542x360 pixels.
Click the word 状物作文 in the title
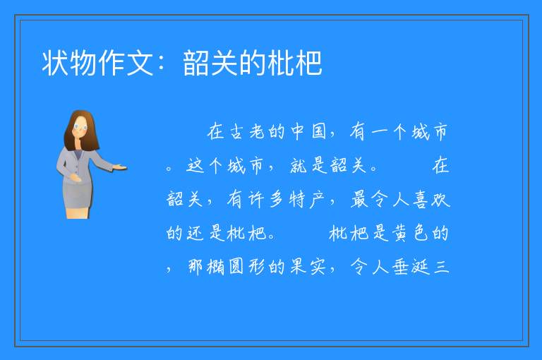(x=98, y=63)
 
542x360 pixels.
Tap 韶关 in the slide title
(x=210, y=63)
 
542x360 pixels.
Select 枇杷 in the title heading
(x=295, y=63)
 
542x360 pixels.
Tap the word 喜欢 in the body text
(x=431, y=199)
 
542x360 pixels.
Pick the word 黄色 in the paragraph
(x=411, y=233)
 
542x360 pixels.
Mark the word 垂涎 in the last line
(x=411, y=267)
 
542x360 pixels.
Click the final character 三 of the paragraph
(x=441, y=267)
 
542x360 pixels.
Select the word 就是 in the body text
(x=308, y=165)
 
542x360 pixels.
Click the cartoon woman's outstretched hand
(x=120, y=168)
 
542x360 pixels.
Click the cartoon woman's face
(x=80, y=126)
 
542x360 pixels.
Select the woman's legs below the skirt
(x=78, y=213)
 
